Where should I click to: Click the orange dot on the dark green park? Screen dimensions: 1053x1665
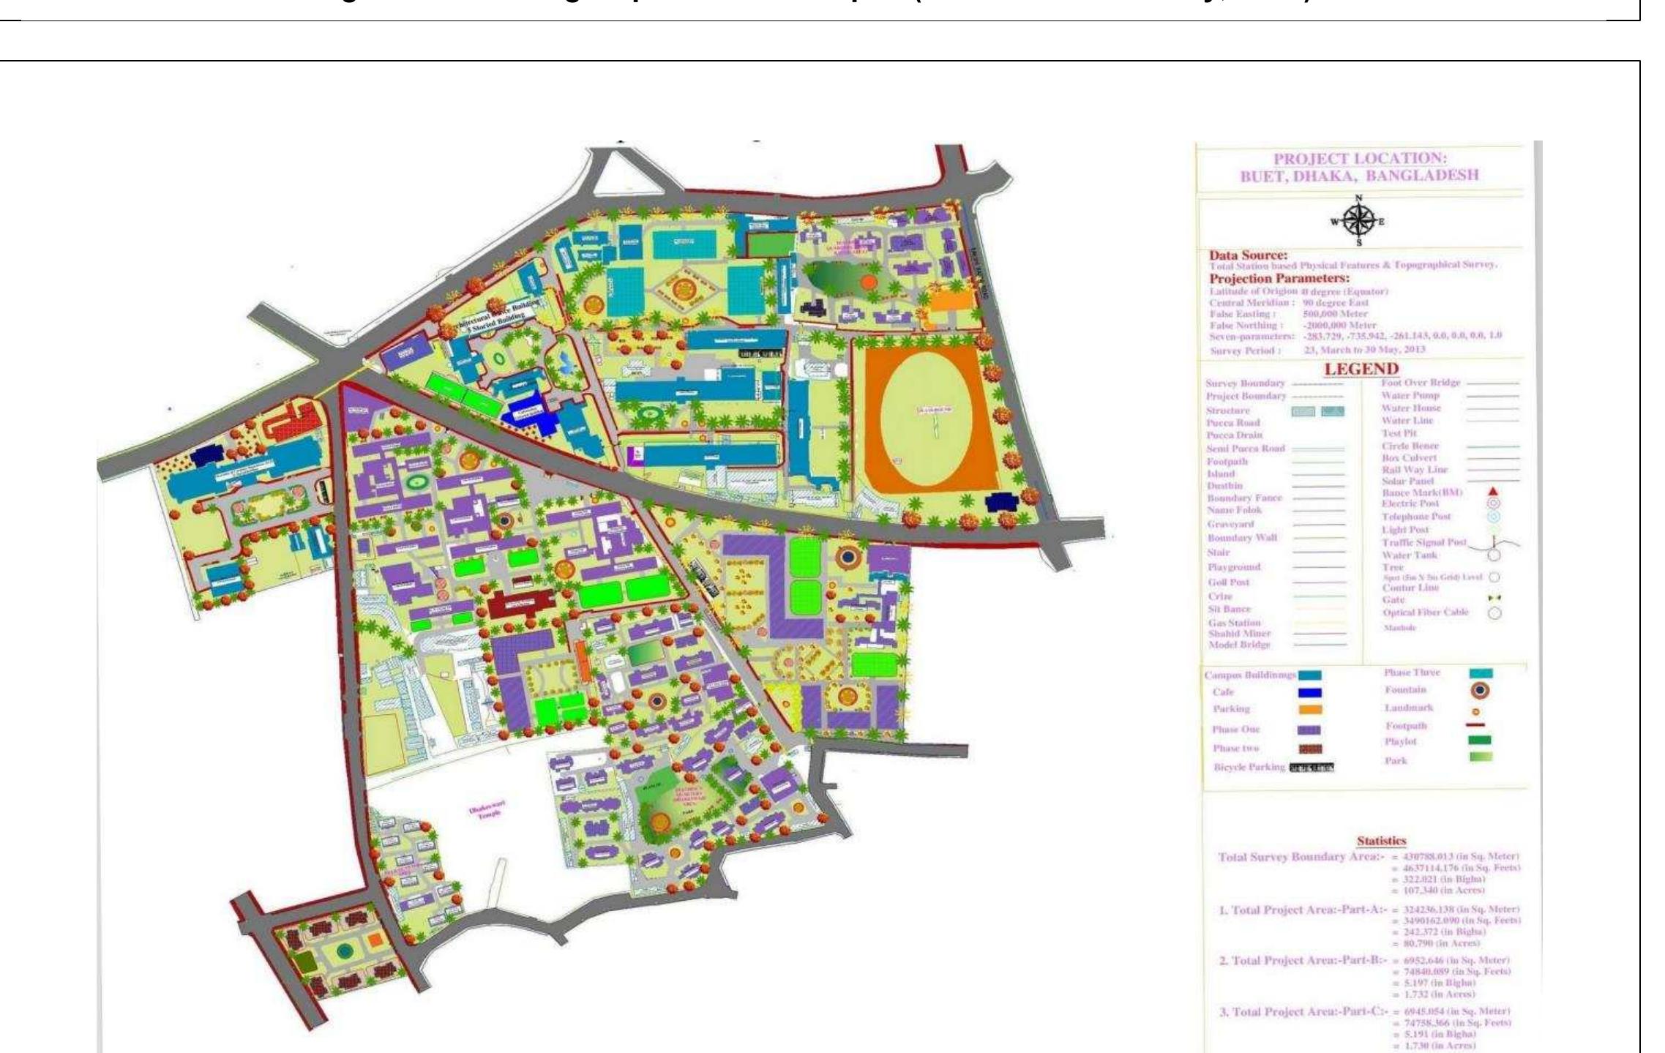coord(868,282)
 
